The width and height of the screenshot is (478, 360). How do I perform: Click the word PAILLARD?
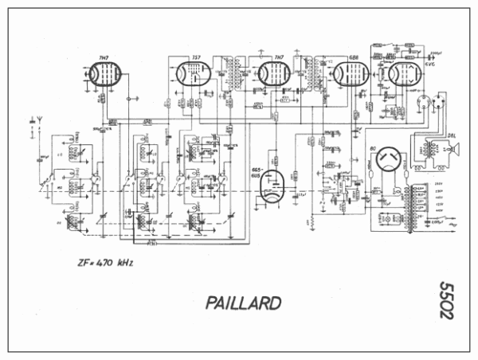point(242,303)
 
